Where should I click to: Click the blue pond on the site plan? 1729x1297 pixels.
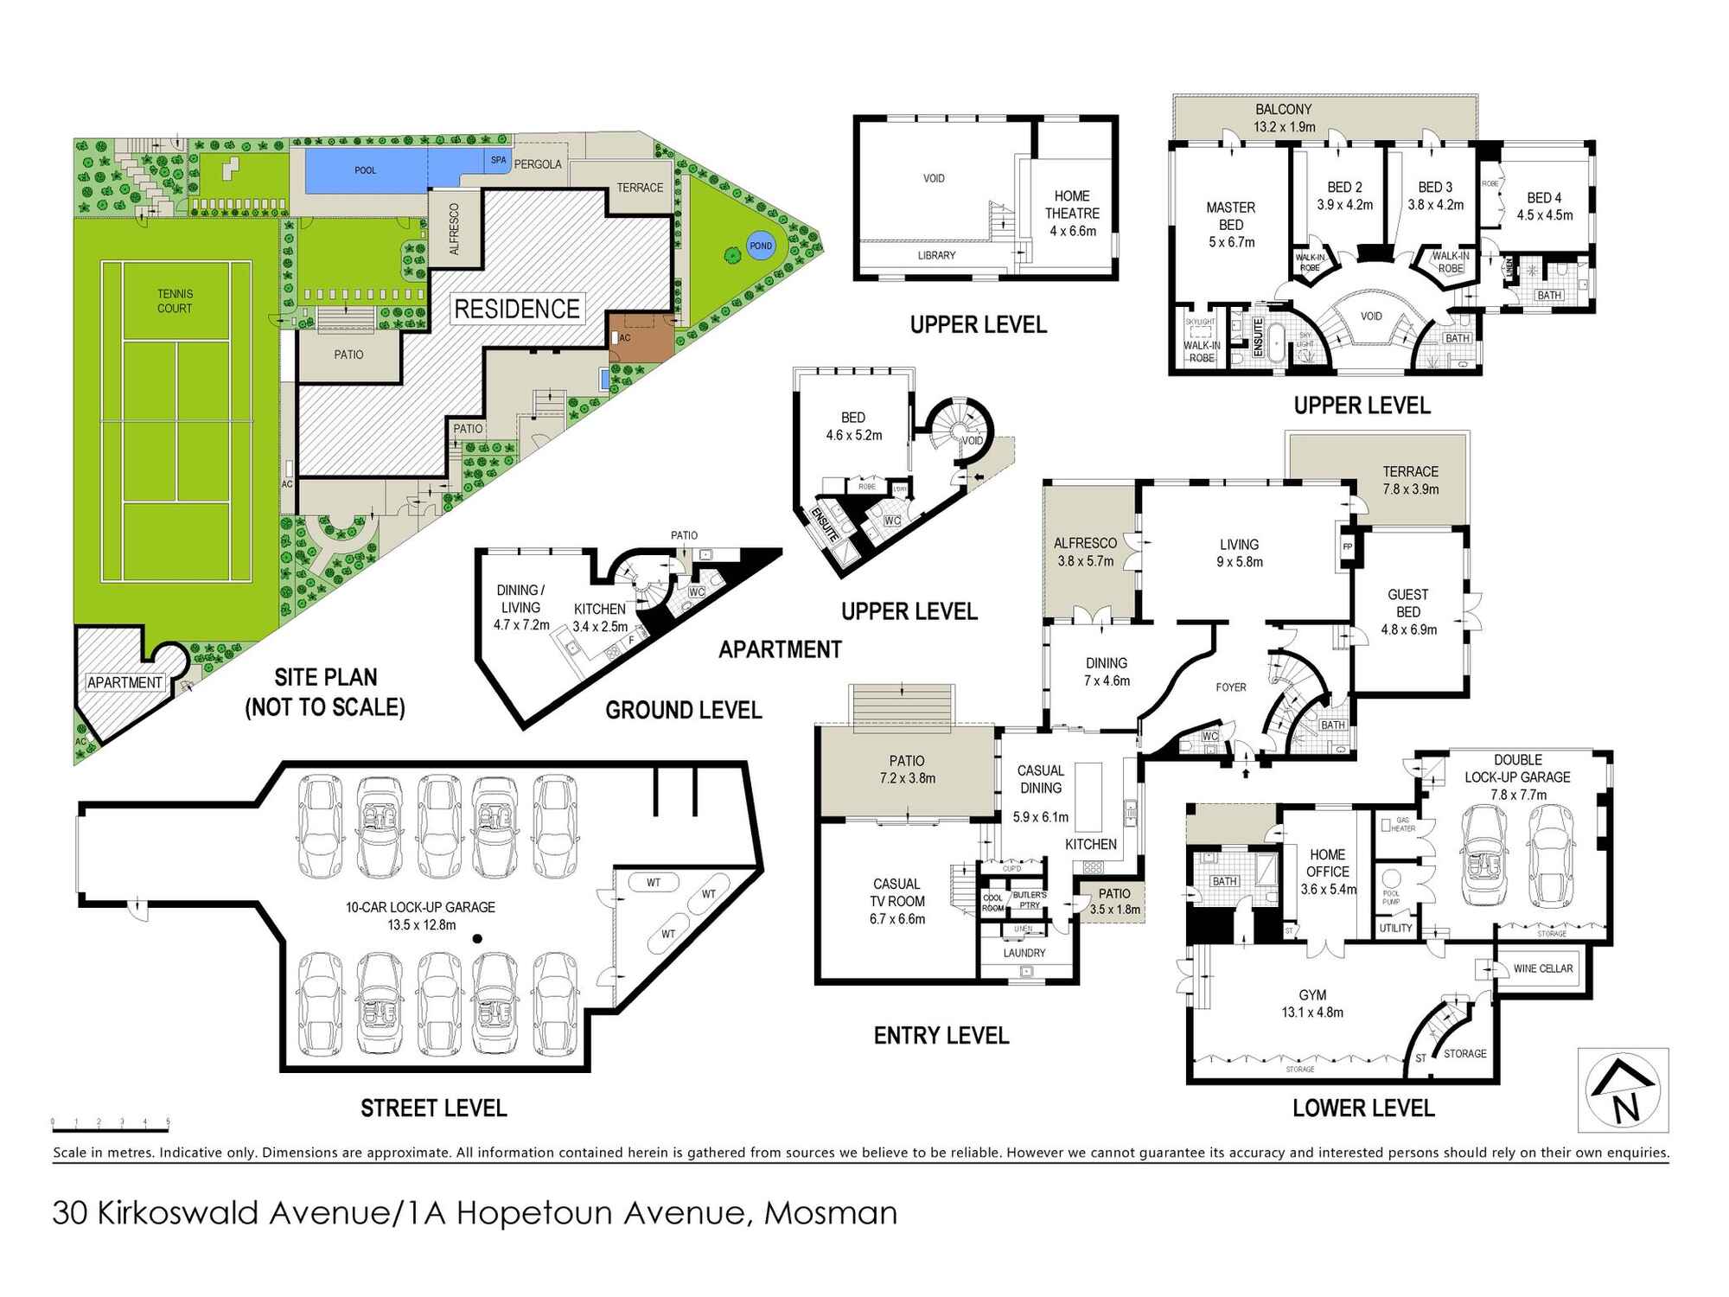[761, 246]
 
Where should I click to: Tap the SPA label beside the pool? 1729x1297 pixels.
[499, 160]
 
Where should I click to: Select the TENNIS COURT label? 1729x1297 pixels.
[175, 301]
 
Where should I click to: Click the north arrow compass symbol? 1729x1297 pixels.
[1623, 1089]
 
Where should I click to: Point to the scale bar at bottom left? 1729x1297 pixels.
[111, 1123]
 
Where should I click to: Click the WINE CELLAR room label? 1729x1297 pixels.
[1543, 968]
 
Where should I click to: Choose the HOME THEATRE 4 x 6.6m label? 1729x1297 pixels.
[1072, 214]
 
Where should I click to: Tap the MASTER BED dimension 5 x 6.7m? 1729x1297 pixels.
[1231, 242]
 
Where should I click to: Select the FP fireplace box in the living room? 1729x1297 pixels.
[1346, 546]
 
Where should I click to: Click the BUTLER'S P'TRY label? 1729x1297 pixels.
[1029, 899]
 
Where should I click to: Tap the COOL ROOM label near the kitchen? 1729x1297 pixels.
[993, 903]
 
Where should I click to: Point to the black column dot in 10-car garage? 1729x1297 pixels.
[475, 938]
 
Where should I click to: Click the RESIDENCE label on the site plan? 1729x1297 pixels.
[517, 309]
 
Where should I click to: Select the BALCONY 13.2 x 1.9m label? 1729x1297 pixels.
[1284, 118]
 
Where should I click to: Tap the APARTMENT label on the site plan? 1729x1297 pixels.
[124, 682]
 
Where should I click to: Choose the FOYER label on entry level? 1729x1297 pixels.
[1231, 687]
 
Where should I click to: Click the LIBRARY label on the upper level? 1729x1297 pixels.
[936, 255]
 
